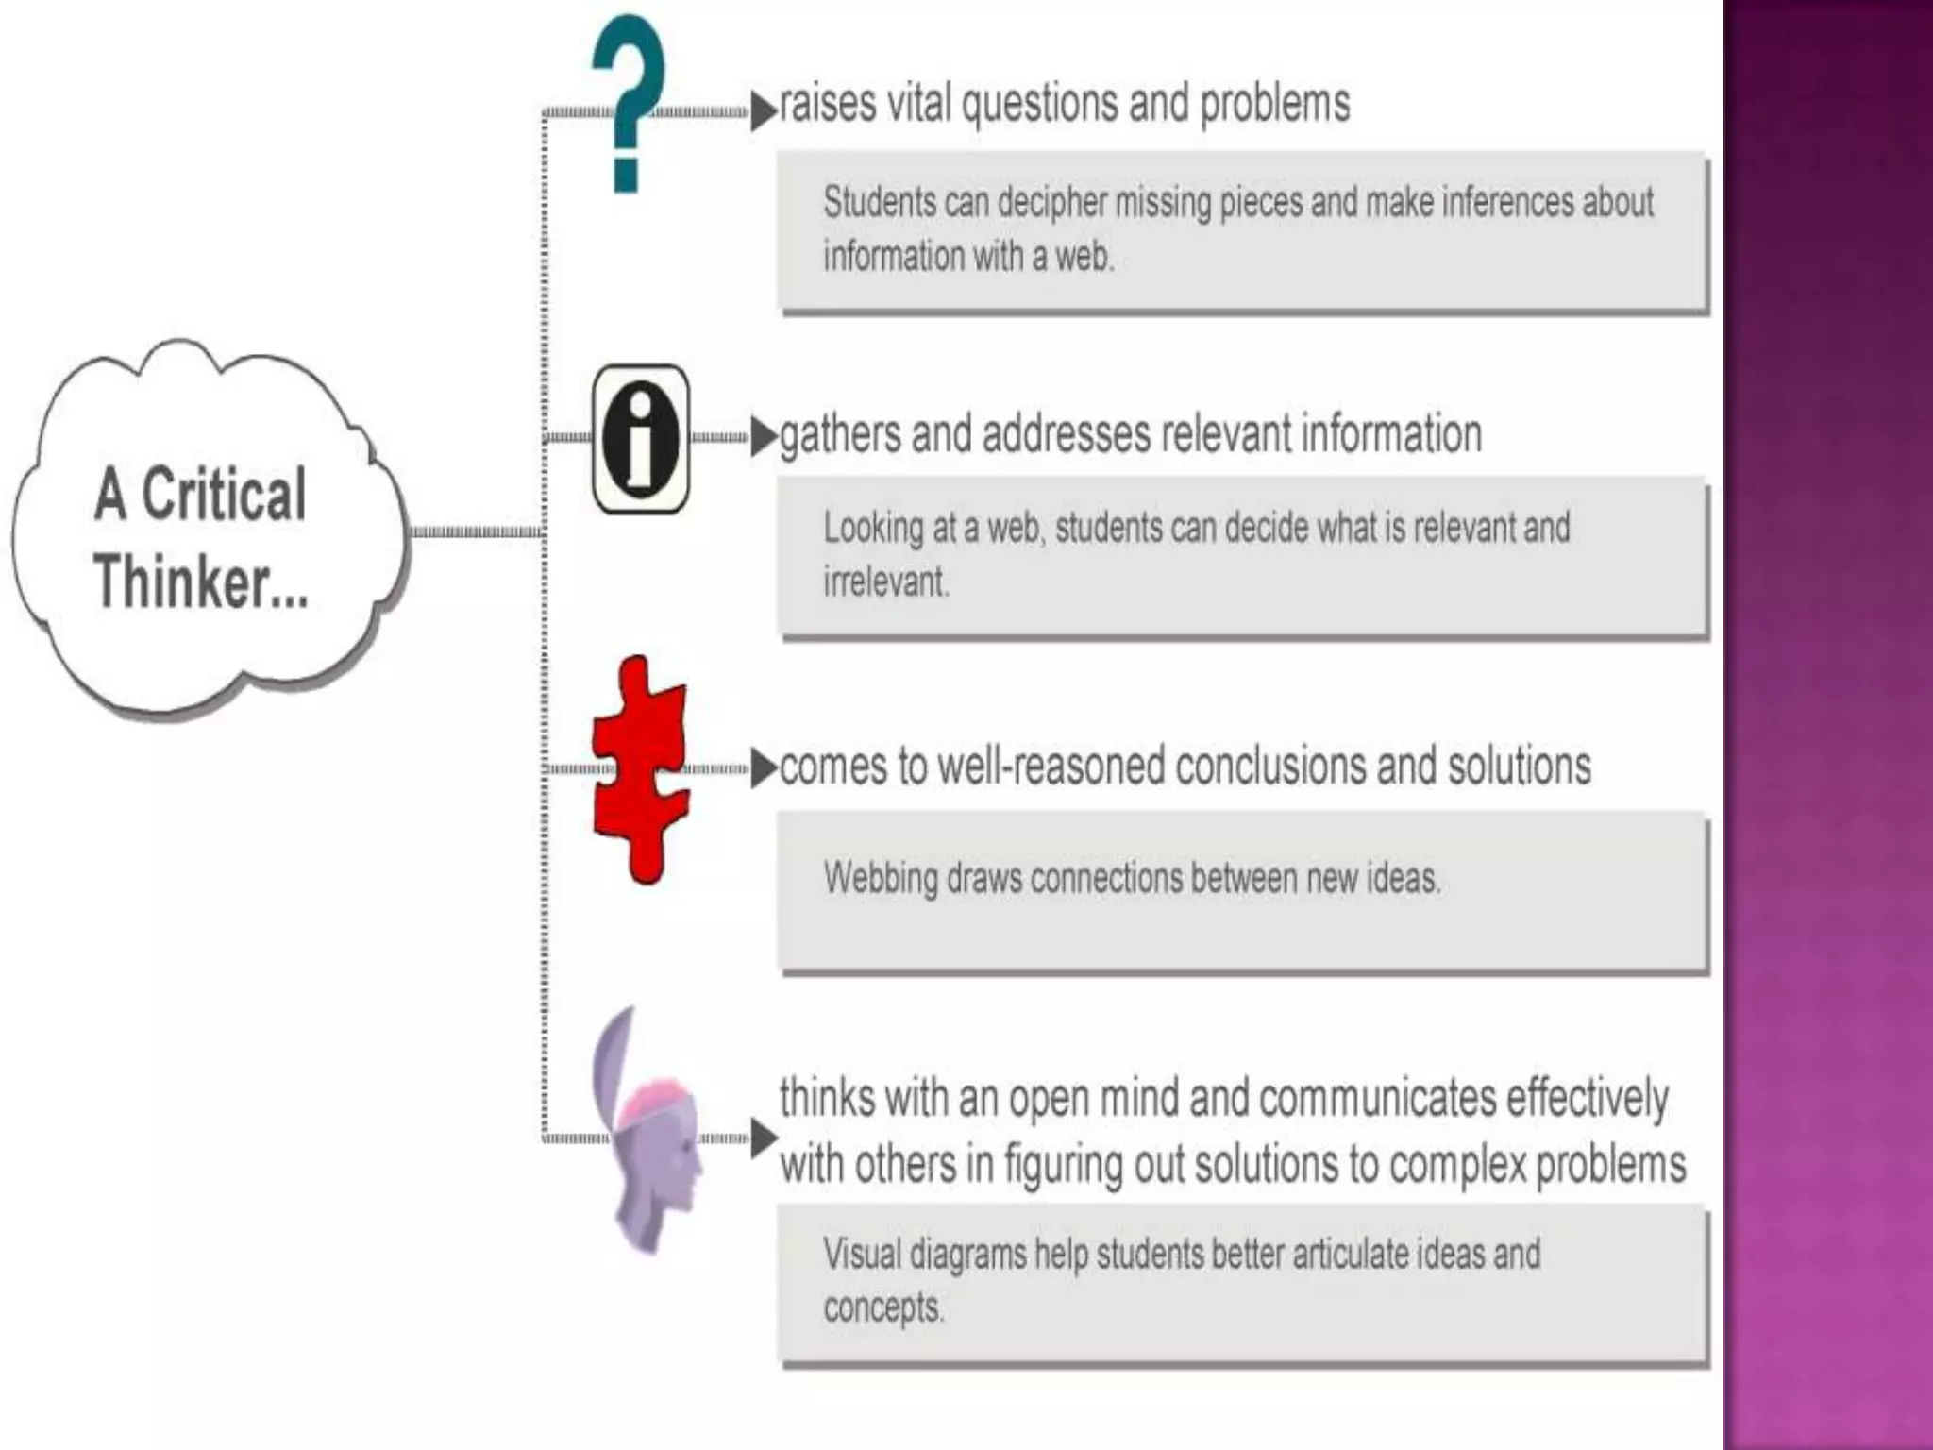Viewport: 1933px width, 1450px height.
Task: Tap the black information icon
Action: click(641, 439)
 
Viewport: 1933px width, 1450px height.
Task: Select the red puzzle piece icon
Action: click(640, 769)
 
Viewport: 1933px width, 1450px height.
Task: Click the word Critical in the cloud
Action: click(224, 494)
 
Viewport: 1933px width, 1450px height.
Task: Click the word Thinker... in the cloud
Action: click(201, 581)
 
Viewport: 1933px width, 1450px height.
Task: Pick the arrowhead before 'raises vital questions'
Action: click(763, 110)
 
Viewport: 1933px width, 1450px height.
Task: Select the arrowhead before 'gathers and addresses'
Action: click(763, 437)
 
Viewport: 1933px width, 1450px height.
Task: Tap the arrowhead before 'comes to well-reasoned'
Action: click(763, 768)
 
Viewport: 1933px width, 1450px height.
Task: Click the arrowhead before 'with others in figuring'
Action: click(763, 1138)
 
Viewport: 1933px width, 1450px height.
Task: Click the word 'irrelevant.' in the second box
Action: click(886, 582)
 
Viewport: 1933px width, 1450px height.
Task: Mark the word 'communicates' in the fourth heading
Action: click(1377, 1099)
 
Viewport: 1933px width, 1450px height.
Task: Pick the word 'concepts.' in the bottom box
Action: click(883, 1308)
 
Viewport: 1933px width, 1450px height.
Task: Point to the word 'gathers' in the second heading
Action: click(840, 435)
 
